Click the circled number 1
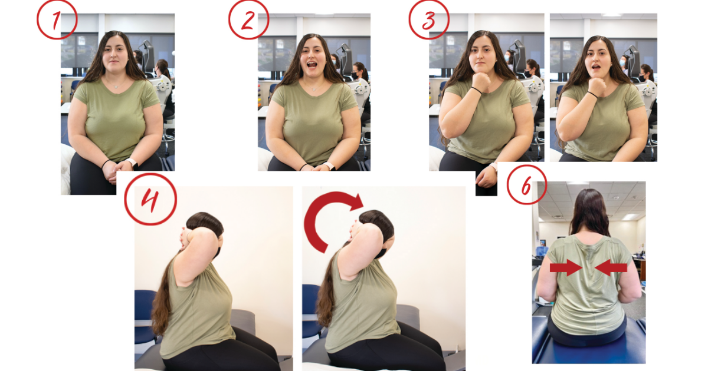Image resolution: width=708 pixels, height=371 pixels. [57, 19]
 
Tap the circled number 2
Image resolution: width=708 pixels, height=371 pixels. [249, 19]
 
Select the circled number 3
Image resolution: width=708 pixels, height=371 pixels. [429, 19]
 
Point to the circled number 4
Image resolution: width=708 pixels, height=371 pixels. [150, 199]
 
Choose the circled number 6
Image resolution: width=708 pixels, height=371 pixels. [526, 185]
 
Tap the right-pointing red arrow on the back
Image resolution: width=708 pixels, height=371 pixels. [566, 268]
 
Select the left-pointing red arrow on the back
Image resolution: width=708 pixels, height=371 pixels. [611, 268]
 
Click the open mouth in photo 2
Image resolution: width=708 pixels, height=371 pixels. [312, 65]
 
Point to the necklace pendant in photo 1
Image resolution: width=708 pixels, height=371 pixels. [117, 86]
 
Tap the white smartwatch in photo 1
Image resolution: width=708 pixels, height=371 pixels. [132, 163]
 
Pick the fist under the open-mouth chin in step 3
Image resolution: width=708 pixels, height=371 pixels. [596, 86]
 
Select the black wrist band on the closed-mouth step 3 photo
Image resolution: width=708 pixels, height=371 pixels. [476, 90]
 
